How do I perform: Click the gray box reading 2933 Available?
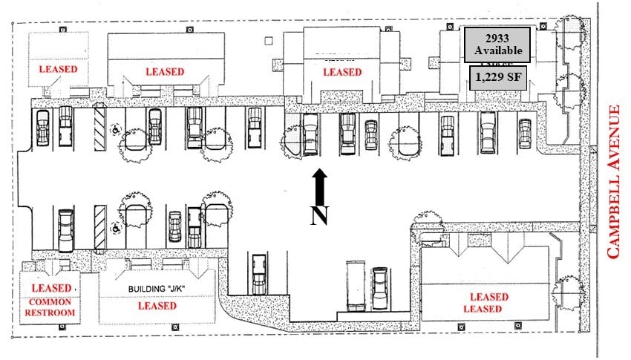(497, 45)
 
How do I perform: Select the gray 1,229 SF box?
(497, 78)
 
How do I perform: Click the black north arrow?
(319, 187)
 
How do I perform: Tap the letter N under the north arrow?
(318, 216)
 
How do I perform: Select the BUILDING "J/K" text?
(156, 288)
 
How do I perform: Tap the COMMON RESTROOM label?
(50, 307)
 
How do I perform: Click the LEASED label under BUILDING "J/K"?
(157, 305)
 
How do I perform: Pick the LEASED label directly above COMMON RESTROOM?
(52, 288)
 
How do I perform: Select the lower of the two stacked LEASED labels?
(483, 309)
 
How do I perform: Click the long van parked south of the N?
(355, 285)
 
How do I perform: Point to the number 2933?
(497, 38)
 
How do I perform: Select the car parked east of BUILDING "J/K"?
(259, 275)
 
